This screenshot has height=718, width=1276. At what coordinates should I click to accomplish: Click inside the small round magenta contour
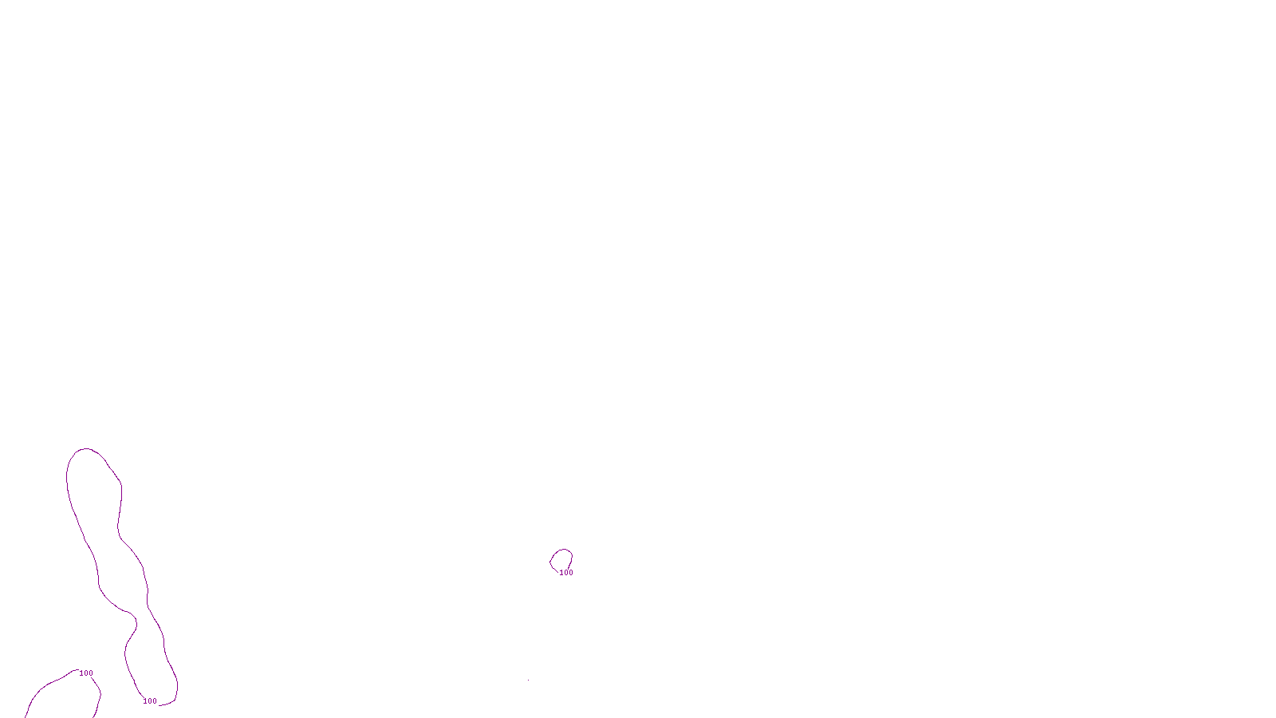561,559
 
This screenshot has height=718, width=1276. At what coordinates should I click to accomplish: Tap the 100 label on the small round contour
566,573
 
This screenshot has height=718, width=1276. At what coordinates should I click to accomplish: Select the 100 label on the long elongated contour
150,701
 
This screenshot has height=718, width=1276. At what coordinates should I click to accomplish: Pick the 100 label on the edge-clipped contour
86,673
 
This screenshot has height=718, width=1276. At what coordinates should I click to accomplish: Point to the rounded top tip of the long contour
85,449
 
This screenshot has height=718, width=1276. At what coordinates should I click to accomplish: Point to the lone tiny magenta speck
528,680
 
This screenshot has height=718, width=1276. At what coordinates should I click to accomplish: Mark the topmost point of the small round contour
562,549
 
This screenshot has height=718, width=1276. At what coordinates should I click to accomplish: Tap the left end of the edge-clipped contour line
26,716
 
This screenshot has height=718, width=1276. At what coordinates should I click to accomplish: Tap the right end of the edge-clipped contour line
95,716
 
